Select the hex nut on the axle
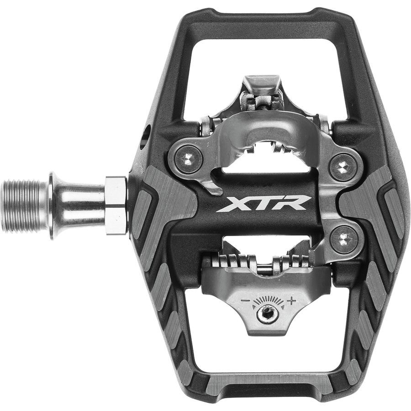pyautogui.click(x=116, y=205)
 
